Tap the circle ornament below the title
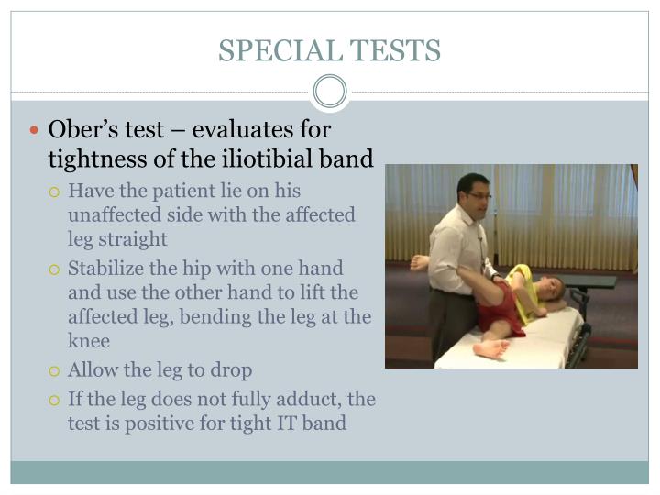click(x=330, y=92)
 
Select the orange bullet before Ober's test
click(x=35, y=131)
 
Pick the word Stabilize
click(x=108, y=269)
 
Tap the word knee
click(x=89, y=340)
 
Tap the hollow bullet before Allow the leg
click(x=55, y=371)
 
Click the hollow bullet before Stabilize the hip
click(x=55, y=269)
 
